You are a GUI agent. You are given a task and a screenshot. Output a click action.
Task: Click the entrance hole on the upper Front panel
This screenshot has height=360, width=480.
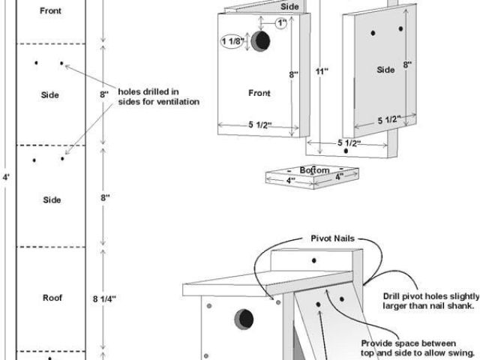tap(261, 41)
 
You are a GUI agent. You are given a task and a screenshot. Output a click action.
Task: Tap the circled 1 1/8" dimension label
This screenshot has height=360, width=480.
tap(232, 41)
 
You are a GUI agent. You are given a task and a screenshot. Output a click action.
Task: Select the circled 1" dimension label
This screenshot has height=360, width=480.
tap(281, 23)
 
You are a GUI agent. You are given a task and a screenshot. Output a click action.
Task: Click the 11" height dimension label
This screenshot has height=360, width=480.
tap(322, 71)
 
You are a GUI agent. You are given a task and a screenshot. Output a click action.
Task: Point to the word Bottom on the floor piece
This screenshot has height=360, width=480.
tap(314, 170)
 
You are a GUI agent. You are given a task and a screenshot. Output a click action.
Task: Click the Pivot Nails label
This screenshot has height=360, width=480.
tap(332, 238)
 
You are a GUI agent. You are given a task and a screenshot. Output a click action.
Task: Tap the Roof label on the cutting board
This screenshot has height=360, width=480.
tap(52, 298)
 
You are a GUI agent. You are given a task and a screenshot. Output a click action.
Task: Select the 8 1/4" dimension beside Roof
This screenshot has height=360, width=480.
tap(104, 299)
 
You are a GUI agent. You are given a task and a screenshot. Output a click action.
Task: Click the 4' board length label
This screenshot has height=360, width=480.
tap(6, 177)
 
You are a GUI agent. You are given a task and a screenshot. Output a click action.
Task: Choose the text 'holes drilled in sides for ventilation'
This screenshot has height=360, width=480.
tap(158, 97)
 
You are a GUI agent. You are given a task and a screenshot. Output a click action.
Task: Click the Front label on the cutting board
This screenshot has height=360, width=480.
tap(50, 10)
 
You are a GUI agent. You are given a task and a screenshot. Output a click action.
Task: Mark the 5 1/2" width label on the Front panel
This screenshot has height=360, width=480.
tap(260, 125)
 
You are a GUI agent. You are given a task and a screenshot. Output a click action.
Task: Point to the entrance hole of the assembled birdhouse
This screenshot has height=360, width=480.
tap(244, 319)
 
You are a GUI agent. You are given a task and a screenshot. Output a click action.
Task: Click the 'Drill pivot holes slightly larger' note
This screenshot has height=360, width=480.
tap(431, 301)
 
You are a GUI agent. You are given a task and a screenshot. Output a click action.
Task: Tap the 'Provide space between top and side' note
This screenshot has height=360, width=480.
tap(418, 348)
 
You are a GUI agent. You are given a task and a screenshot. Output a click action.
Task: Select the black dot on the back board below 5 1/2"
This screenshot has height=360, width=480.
tap(346, 151)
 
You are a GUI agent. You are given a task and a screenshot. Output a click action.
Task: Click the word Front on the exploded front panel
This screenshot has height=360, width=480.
tap(259, 93)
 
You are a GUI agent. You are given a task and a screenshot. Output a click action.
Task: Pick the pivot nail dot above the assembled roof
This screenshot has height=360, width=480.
tap(313, 260)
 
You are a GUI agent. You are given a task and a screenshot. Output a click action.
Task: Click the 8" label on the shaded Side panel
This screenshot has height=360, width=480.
tap(407, 64)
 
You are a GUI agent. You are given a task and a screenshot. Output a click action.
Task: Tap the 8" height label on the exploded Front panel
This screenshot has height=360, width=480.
tap(294, 74)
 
